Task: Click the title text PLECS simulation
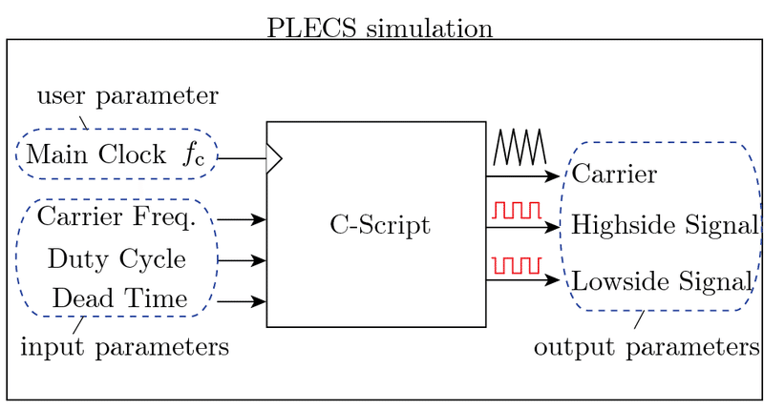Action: (380, 26)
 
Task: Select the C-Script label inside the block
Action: (380, 226)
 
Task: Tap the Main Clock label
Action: (95, 154)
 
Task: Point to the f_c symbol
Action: (195, 154)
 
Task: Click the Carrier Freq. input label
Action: (117, 217)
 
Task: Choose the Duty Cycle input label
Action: (117, 258)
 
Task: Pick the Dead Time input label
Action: (119, 298)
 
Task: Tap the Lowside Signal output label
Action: (663, 281)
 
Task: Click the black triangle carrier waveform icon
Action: (518, 148)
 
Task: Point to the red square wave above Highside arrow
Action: (517, 209)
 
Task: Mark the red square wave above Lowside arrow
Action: (517, 264)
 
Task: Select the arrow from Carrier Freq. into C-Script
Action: (242, 219)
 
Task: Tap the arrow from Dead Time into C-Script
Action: (242, 301)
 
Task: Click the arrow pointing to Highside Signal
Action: (521, 228)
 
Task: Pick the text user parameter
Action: (127, 96)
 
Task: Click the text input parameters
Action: (124, 346)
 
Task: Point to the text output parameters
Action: (647, 346)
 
